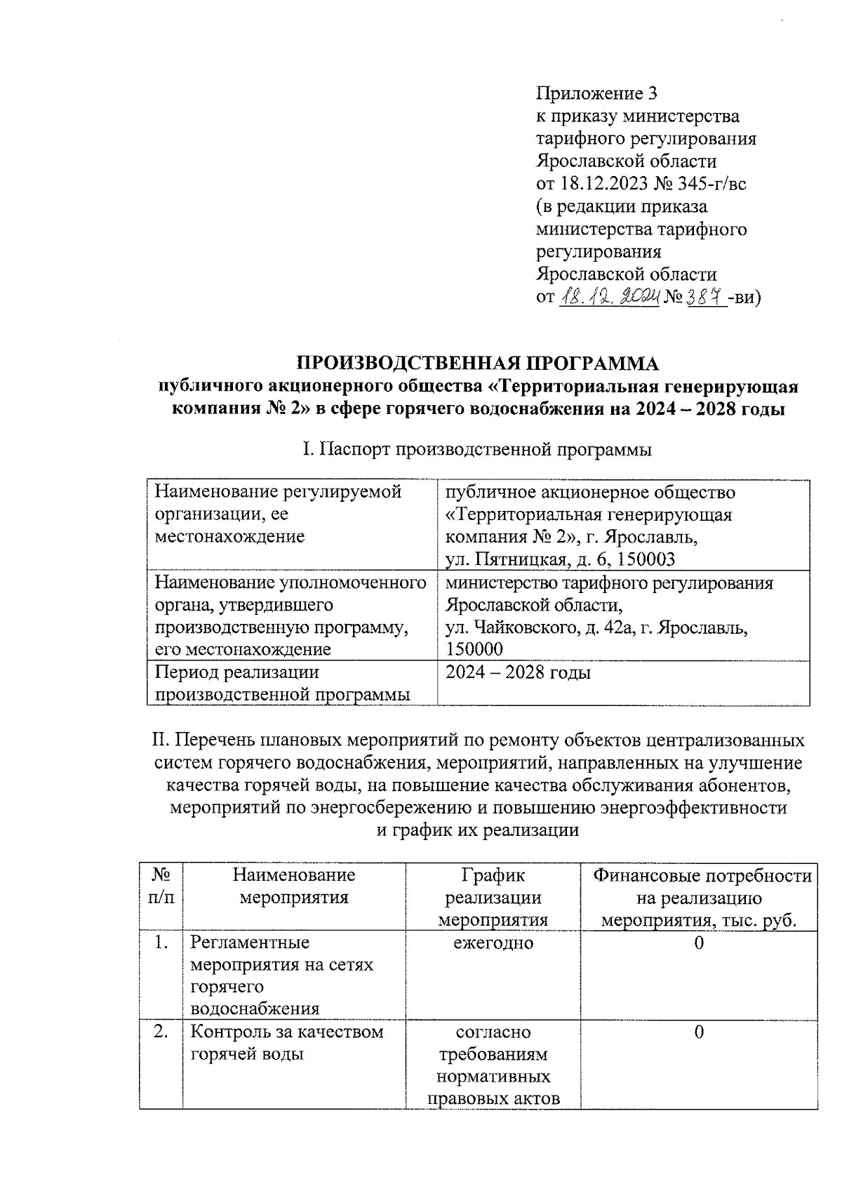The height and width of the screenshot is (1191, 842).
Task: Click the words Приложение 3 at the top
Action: (x=597, y=93)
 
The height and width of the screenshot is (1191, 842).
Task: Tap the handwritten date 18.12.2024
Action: (x=611, y=297)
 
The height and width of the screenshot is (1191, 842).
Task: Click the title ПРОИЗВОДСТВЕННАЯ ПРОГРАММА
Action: (x=478, y=364)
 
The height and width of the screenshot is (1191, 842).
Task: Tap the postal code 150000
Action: (x=474, y=650)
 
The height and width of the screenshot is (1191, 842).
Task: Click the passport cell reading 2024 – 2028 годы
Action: (x=518, y=673)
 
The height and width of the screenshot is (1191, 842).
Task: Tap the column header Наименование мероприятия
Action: (x=294, y=886)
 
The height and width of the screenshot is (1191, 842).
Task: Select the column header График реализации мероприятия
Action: (x=493, y=897)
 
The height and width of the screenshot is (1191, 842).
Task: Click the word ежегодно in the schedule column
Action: (x=493, y=943)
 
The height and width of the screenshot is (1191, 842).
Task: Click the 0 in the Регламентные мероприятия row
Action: (x=699, y=943)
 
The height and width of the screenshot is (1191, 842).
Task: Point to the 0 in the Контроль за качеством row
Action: (x=699, y=1032)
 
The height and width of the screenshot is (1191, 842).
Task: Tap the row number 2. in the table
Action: (x=161, y=1032)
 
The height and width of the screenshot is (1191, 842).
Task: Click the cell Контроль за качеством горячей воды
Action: (x=287, y=1043)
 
